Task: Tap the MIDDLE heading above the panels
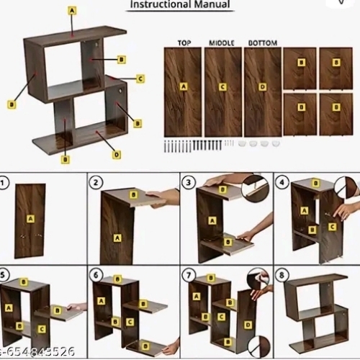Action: click(x=222, y=42)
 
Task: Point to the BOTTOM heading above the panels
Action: click(x=262, y=42)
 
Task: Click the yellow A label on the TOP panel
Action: click(x=183, y=86)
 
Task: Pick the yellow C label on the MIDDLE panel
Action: click(x=222, y=87)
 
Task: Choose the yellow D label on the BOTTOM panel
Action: click(x=263, y=87)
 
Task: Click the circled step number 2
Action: click(x=96, y=181)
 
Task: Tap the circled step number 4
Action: click(x=282, y=181)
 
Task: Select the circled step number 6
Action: click(x=96, y=274)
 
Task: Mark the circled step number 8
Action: click(x=282, y=274)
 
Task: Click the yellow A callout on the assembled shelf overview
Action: click(x=71, y=11)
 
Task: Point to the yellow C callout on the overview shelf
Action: click(x=140, y=78)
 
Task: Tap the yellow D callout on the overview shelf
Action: click(x=117, y=154)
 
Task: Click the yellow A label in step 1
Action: click(x=30, y=217)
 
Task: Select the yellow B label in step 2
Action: click(x=133, y=194)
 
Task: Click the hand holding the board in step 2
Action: click(x=165, y=196)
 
